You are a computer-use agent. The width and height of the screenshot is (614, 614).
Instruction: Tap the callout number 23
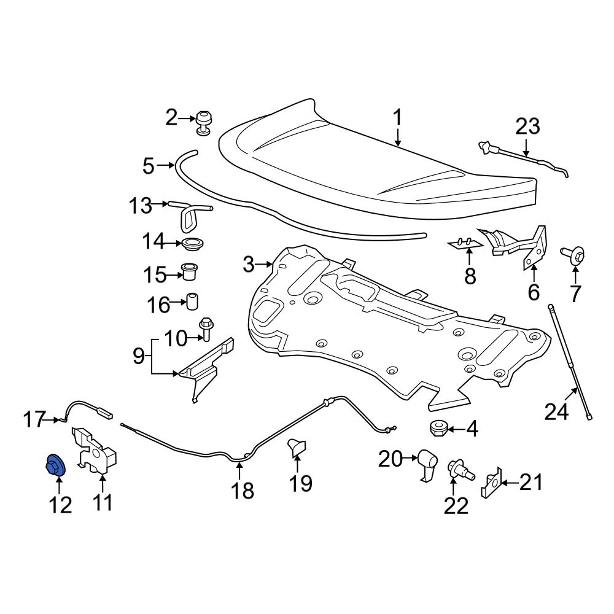coord(527,127)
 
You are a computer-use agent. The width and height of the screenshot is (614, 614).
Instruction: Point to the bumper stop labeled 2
coord(203,123)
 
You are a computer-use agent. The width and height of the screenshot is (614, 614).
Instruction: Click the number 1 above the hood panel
coord(397,118)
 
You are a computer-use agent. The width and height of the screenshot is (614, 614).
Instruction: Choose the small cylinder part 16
coord(192,301)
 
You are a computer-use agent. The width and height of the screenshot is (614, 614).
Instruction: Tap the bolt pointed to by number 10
coord(206,329)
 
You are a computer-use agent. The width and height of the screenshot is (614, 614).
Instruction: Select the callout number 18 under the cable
coord(243,490)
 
